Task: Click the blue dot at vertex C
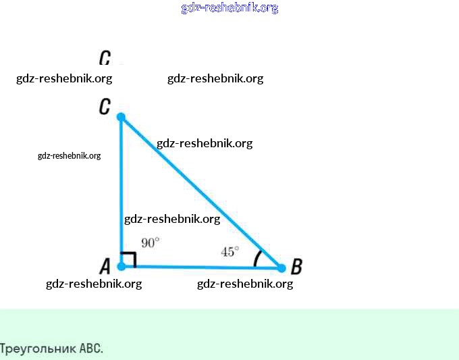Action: click(121, 117)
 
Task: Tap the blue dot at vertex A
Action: click(121, 266)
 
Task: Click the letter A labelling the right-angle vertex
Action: click(105, 266)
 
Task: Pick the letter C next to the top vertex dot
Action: click(105, 107)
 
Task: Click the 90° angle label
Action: click(150, 242)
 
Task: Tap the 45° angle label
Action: click(230, 251)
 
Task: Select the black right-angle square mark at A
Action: click(130, 259)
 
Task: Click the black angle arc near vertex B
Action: click(256, 259)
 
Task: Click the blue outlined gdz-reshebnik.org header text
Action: click(230, 8)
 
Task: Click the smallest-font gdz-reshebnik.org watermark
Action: click(69, 155)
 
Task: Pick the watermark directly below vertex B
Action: click(245, 284)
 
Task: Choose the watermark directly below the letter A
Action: click(94, 284)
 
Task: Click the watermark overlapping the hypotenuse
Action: click(205, 143)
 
